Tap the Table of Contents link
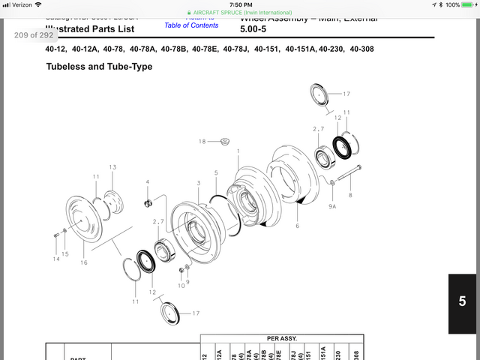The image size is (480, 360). point(191,25)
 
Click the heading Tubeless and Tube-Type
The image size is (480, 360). point(99,67)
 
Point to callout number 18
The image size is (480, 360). point(202,142)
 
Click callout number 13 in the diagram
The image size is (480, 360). point(112,167)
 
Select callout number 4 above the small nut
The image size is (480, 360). point(147,182)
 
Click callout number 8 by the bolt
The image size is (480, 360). point(349,195)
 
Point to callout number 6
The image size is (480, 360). point(297,226)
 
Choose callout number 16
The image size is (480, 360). point(84,262)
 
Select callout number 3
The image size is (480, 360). point(198,183)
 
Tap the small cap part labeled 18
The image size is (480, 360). point(223,141)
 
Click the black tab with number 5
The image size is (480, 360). point(462,302)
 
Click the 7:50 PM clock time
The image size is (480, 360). point(240,4)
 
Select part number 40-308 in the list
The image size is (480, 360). point(357,49)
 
